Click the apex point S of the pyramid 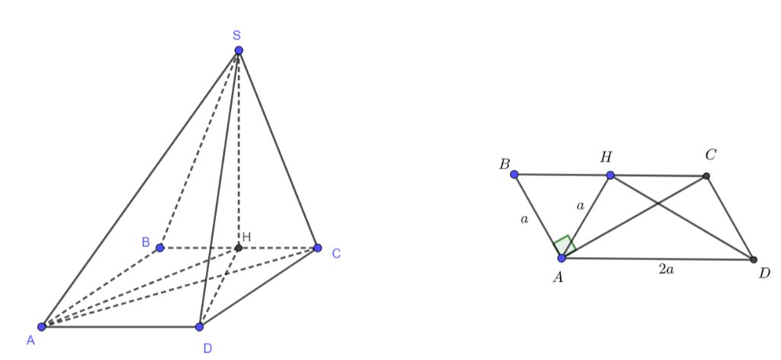(x=239, y=50)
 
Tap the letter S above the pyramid (x=237, y=35)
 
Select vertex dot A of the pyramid (x=42, y=326)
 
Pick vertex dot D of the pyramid (x=199, y=326)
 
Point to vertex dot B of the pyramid (x=160, y=247)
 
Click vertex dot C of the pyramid (x=317, y=247)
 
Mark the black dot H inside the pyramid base (x=239, y=247)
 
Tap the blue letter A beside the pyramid (x=31, y=340)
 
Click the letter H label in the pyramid (x=246, y=237)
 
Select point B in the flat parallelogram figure (x=515, y=174)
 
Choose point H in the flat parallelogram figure (x=610, y=175)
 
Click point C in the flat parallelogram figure (x=705, y=175)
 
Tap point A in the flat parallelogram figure (x=562, y=258)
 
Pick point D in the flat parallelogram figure (x=754, y=259)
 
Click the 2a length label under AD (x=667, y=270)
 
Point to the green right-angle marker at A (x=565, y=246)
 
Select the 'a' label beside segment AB (x=523, y=219)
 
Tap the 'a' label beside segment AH (x=580, y=205)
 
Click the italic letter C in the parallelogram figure (x=711, y=155)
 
